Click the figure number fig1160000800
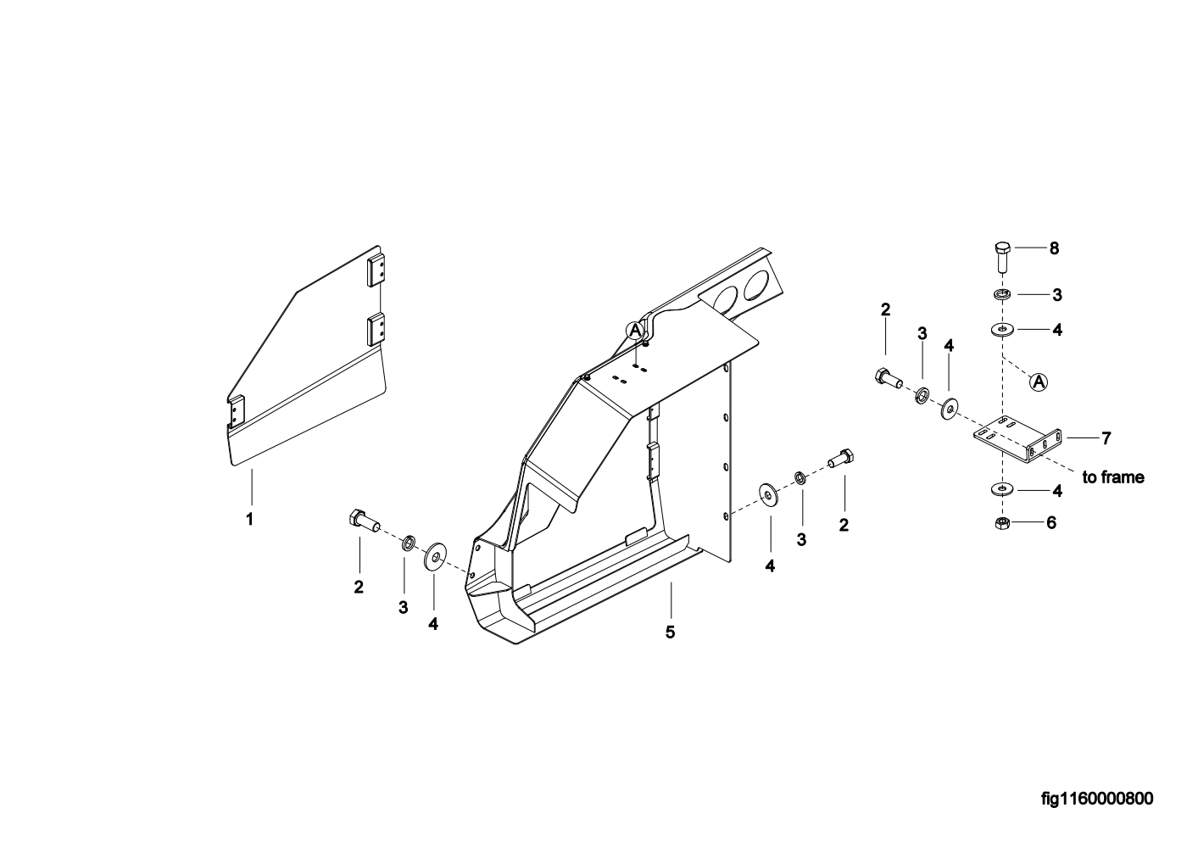click(x=1097, y=799)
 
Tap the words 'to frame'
click(x=1112, y=477)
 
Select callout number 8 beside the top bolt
click(x=1054, y=248)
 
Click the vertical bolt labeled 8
click(x=1001, y=255)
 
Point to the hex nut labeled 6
click(x=1000, y=523)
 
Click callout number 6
click(x=1051, y=523)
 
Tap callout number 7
click(x=1106, y=438)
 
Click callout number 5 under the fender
click(x=670, y=632)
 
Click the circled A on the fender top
click(x=635, y=329)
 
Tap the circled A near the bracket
click(x=1039, y=382)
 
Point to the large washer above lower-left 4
click(x=436, y=555)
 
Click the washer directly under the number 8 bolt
click(x=1001, y=294)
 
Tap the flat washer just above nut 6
click(x=1001, y=489)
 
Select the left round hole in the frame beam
click(x=725, y=298)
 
